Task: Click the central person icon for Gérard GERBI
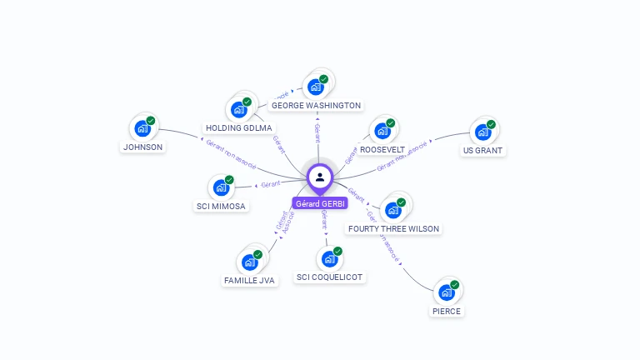coord(320,177)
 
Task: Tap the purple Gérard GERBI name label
coord(320,203)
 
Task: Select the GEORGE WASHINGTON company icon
coord(315,86)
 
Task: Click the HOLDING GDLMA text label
coord(239,128)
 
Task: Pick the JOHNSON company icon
coord(142,129)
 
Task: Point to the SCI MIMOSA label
coord(222,206)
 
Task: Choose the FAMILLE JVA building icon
coord(249,262)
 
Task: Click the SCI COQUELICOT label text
coord(329,277)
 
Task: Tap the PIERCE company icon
coord(446,293)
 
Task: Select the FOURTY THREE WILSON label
coord(393,228)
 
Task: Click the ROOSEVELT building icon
coord(382,131)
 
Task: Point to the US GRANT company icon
coord(482,132)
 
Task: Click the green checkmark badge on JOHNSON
coord(151,121)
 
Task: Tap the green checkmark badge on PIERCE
coord(455,285)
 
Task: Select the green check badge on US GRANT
coord(491,124)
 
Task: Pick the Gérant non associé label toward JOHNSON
coord(229,152)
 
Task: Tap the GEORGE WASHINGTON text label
coord(317,106)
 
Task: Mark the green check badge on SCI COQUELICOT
coord(337,251)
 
